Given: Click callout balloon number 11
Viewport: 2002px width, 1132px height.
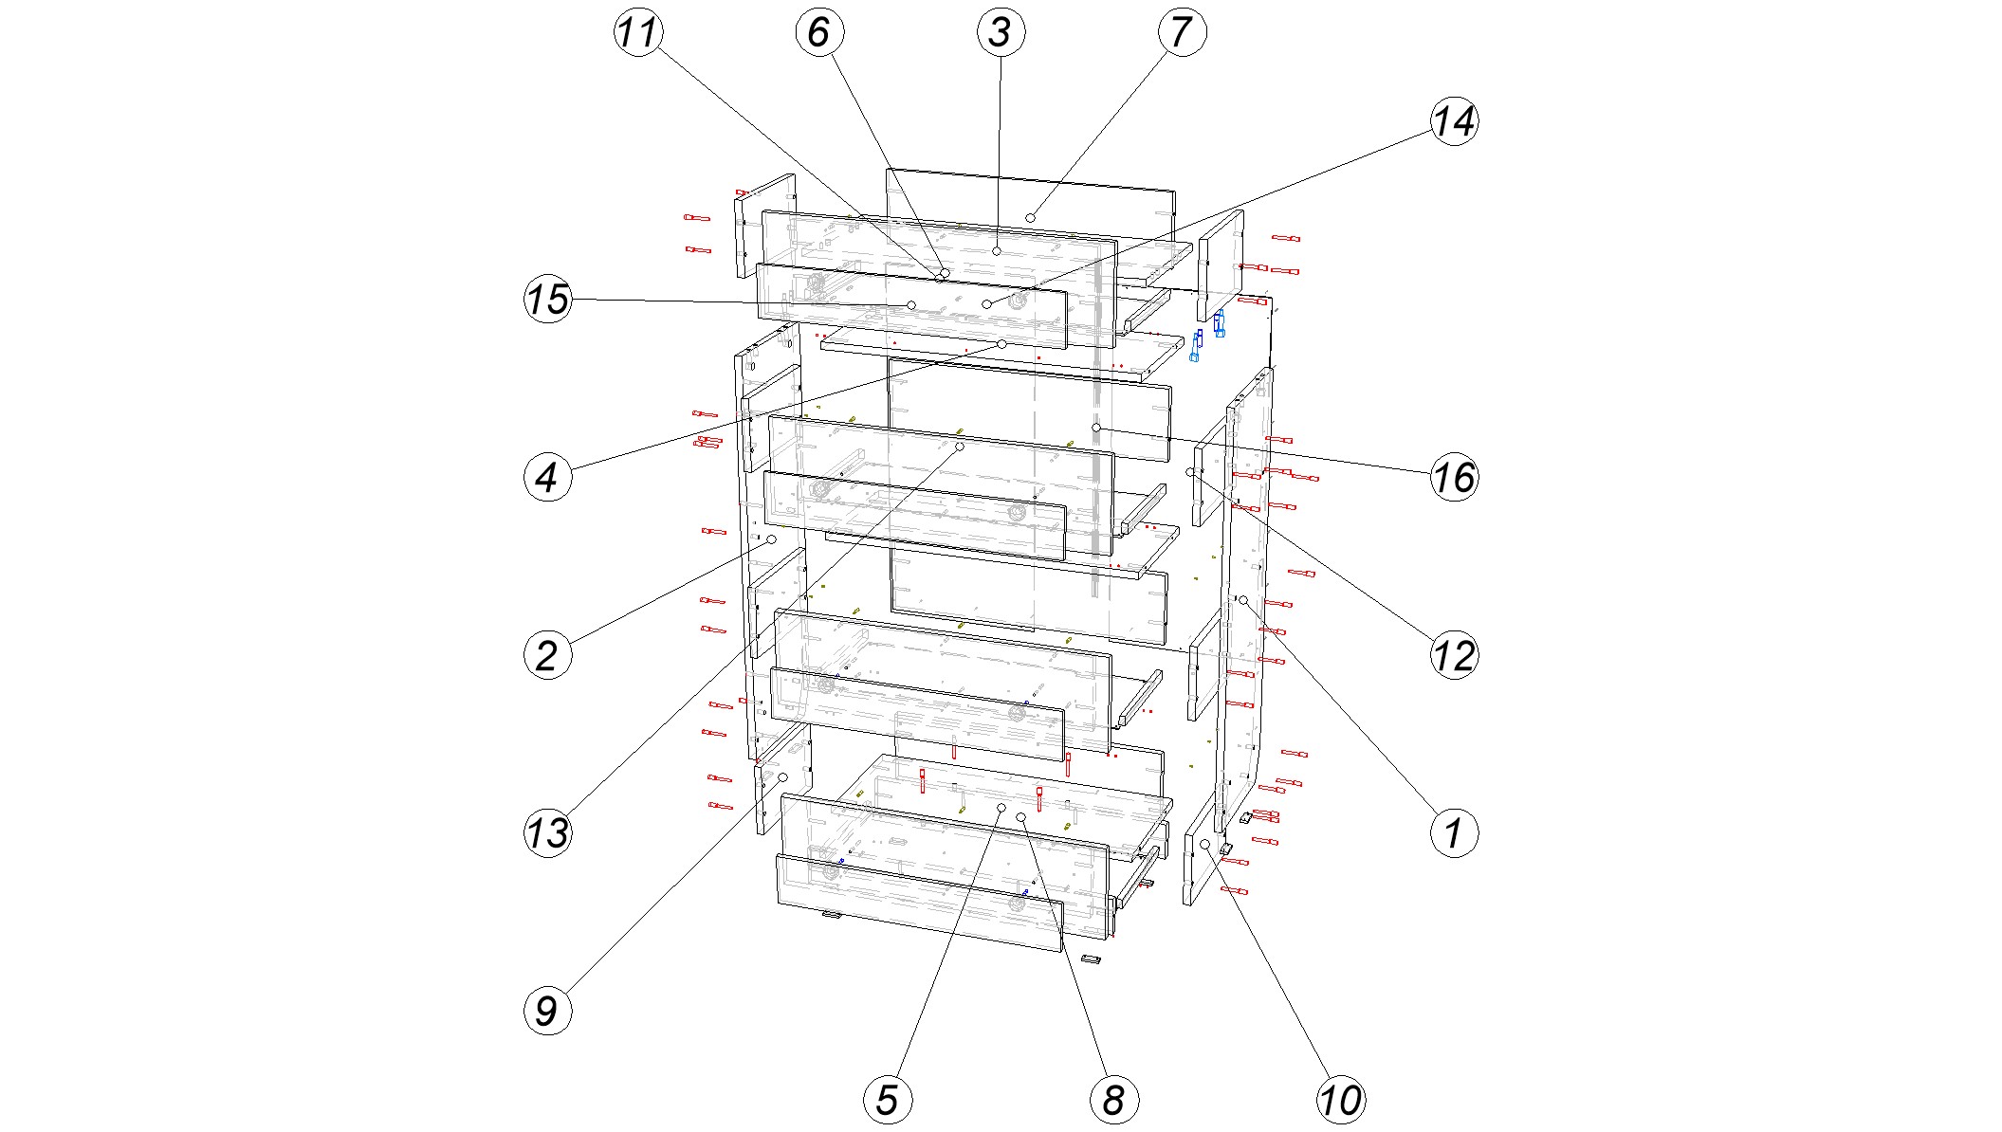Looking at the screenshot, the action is click(x=638, y=32).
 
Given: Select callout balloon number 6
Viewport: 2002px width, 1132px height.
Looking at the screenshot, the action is click(x=819, y=32).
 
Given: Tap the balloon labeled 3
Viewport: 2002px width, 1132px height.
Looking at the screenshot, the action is click(x=1001, y=32).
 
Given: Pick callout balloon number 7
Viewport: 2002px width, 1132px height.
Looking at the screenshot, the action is click(x=1182, y=32).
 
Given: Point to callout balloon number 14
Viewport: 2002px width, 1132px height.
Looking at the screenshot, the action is click(x=1454, y=121).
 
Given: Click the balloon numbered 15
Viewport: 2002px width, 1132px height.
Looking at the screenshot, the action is click(x=548, y=300).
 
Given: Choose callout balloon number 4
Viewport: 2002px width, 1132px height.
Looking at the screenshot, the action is click(x=548, y=477).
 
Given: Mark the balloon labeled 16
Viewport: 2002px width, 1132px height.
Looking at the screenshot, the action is click(x=1454, y=477).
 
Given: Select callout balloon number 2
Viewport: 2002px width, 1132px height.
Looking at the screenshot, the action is click(x=548, y=655).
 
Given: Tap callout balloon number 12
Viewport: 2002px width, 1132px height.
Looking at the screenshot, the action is click(x=1454, y=655).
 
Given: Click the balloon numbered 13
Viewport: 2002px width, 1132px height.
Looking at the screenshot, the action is click(x=548, y=833).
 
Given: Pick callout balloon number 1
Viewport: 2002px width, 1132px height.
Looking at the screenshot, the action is click(x=1454, y=833).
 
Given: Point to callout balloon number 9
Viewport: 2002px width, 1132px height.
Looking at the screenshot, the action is click(x=548, y=1011).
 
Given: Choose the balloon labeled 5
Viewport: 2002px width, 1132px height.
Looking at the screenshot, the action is click(x=888, y=1100).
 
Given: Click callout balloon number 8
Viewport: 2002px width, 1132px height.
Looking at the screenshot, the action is click(x=1114, y=1100).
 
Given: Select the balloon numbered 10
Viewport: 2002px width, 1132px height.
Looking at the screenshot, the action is click(x=1341, y=1100).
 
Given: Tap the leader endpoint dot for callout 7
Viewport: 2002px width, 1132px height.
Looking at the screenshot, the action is click(x=1030, y=218).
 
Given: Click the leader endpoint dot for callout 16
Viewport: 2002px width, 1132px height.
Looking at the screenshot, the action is click(x=1096, y=429).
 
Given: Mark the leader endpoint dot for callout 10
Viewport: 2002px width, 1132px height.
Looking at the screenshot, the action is click(x=1205, y=844).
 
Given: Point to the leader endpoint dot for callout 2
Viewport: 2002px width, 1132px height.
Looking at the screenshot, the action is click(x=772, y=539).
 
